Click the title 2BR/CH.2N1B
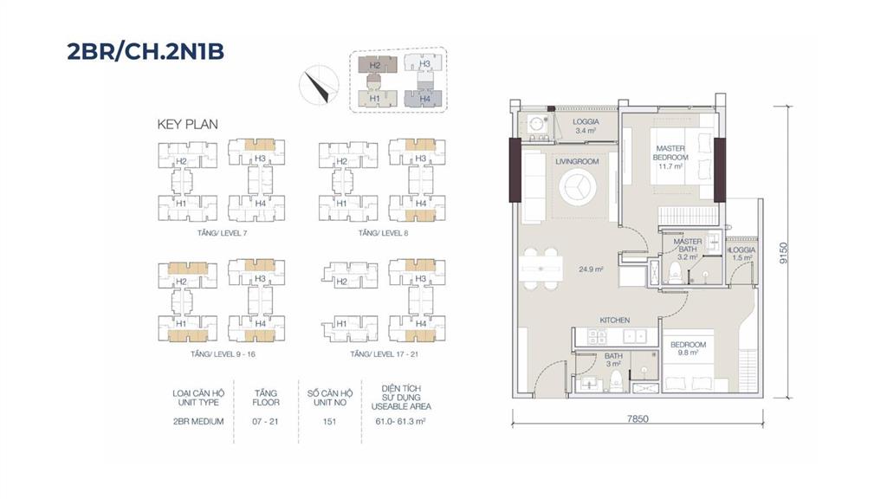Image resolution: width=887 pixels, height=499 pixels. [146, 51]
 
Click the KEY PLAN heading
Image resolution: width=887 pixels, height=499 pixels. [187, 125]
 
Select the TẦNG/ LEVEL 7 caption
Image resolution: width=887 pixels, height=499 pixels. [223, 233]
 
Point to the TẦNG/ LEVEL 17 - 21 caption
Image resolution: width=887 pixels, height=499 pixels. [384, 354]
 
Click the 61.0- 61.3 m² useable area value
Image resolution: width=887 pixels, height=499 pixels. [400, 422]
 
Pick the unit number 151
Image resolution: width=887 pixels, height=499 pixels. [329, 422]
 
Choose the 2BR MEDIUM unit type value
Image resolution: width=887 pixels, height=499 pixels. [198, 422]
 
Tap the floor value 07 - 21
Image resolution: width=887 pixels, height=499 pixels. [265, 422]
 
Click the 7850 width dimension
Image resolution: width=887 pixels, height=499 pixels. [638, 419]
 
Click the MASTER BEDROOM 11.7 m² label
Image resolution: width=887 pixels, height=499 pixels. [670, 158]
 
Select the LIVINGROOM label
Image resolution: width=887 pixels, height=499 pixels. [576, 162]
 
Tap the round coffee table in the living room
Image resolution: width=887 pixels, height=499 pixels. [577, 187]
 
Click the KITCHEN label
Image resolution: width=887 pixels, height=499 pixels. [615, 321]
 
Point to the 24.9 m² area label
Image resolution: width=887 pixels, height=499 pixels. [591, 269]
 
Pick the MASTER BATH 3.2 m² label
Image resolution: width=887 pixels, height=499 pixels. [687, 249]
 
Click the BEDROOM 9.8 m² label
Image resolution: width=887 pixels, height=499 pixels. [688, 348]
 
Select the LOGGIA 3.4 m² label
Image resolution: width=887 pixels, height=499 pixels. [586, 126]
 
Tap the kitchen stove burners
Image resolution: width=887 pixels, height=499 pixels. [598, 337]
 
